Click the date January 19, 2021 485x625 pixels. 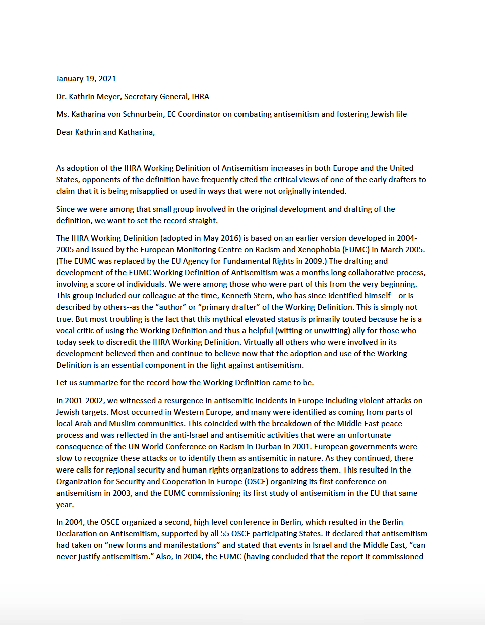[86, 79]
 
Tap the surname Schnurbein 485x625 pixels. [140, 114]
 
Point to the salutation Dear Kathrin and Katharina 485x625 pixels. [105, 132]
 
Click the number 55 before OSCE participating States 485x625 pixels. [225, 534]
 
